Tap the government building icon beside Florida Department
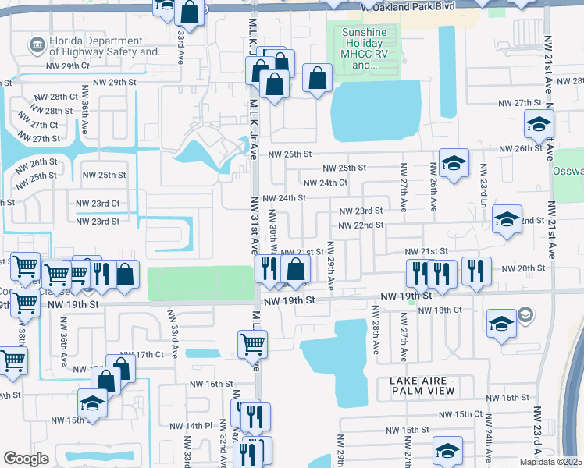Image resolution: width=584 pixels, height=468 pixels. (36, 47)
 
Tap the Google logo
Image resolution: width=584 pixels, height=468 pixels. (26, 459)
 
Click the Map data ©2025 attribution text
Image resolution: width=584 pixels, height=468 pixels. (550, 462)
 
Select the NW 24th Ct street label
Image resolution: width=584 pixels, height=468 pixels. (325, 183)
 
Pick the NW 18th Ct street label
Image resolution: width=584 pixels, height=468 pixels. (440, 310)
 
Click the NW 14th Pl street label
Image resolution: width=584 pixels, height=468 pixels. (191, 426)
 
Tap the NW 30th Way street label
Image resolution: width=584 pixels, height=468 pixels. (273, 231)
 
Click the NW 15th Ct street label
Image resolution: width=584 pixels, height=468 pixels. (461, 414)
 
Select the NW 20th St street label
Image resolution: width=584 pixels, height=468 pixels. (523, 268)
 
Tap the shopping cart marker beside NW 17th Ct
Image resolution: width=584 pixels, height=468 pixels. (252, 342)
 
